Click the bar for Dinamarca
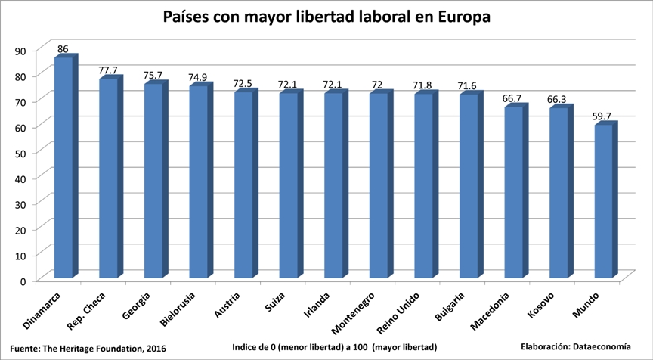click(x=63, y=166)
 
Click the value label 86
click(x=63, y=49)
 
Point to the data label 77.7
click(x=108, y=70)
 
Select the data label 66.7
click(x=512, y=98)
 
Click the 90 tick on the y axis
click(x=20, y=51)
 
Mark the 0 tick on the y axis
click(x=23, y=281)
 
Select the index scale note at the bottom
click(x=335, y=348)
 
